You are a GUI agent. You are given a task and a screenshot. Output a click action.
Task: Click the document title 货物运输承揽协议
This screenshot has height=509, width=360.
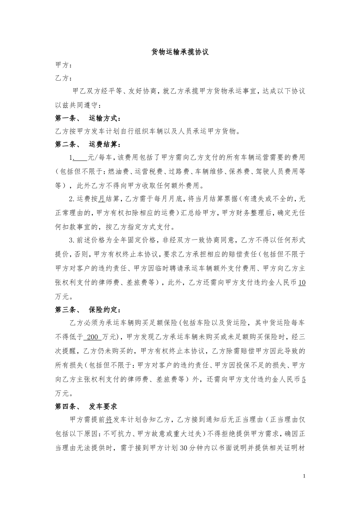[180, 52]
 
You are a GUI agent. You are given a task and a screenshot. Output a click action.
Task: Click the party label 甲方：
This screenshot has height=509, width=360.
[63, 65]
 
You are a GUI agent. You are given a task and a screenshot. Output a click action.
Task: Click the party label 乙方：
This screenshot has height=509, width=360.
[63, 78]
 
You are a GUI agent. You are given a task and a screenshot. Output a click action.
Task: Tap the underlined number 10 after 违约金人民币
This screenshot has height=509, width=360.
[302, 283]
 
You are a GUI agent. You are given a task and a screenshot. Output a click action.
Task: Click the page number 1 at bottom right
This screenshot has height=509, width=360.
[304, 476]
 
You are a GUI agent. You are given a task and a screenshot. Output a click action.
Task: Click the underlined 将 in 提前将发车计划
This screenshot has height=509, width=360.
[109, 420]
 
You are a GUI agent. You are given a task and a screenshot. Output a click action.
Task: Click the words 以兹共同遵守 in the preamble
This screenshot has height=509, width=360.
[78, 105]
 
